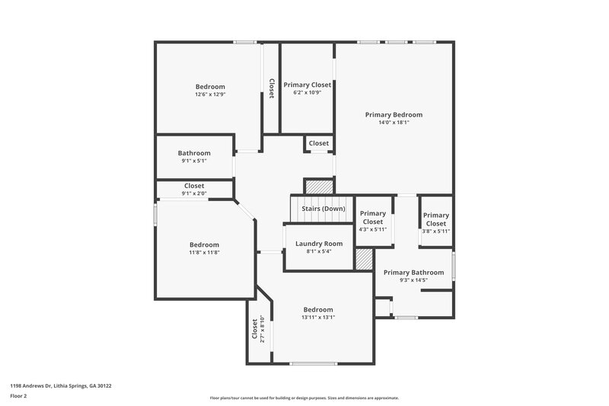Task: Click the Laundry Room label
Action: click(319, 243)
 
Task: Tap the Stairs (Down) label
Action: click(324, 208)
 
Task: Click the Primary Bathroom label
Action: click(413, 272)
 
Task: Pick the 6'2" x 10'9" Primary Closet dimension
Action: click(307, 92)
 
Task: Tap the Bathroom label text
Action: click(194, 152)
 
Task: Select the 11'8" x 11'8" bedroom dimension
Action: click(204, 252)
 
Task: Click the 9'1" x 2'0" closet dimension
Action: click(194, 193)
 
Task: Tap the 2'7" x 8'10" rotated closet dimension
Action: click(262, 329)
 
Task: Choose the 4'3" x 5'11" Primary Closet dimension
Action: click(372, 229)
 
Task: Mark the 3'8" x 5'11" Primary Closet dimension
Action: click(436, 231)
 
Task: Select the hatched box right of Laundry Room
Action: click(364, 260)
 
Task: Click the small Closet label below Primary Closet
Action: click(318, 143)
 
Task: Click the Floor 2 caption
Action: click(18, 396)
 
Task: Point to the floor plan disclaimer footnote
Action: click(304, 398)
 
